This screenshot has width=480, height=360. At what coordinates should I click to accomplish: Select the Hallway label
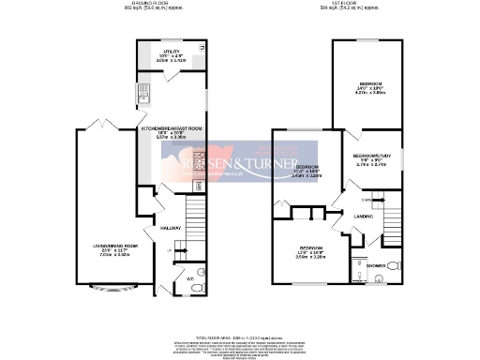coord(170,228)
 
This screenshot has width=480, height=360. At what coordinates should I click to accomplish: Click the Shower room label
coord(373,265)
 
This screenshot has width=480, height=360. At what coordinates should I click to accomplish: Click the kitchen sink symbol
coord(146,91)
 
